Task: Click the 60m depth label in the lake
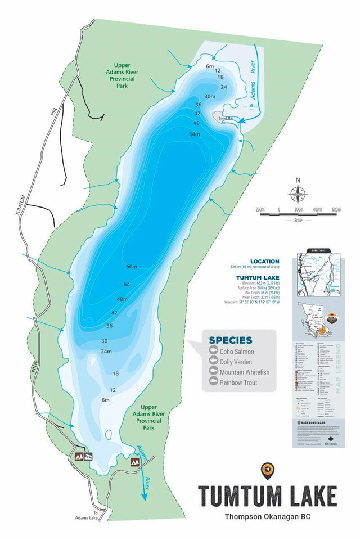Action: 132,266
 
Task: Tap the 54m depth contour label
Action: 195,134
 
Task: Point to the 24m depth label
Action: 107,352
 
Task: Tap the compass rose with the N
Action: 298,193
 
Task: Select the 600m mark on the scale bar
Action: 336,209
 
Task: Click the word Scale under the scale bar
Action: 298,220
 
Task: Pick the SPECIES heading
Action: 231,340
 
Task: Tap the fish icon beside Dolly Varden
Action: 213,362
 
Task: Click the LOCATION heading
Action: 265,262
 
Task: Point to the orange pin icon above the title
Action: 267,470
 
